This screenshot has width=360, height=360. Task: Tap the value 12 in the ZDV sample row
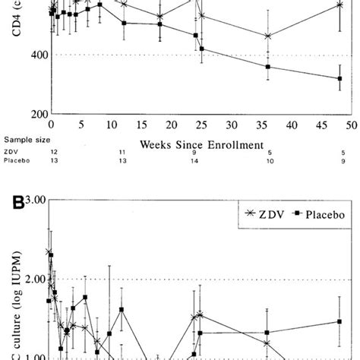point(52,152)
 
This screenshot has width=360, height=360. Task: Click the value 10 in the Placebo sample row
point(267,162)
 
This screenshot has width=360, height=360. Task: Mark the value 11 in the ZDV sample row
point(122,152)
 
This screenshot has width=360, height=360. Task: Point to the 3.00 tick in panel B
point(33,201)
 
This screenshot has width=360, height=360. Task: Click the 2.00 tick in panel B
point(33,279)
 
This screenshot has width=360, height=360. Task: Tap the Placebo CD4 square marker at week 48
point(340,78)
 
